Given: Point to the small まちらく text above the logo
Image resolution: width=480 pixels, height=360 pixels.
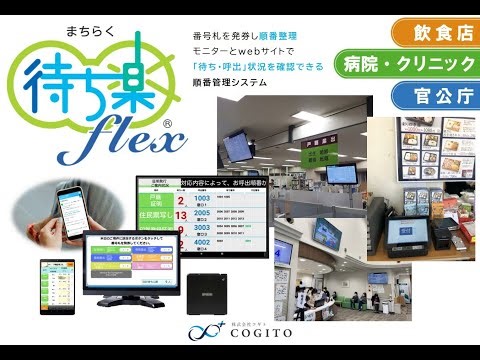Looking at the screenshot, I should pyautogui.click(x=50, y=31).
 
